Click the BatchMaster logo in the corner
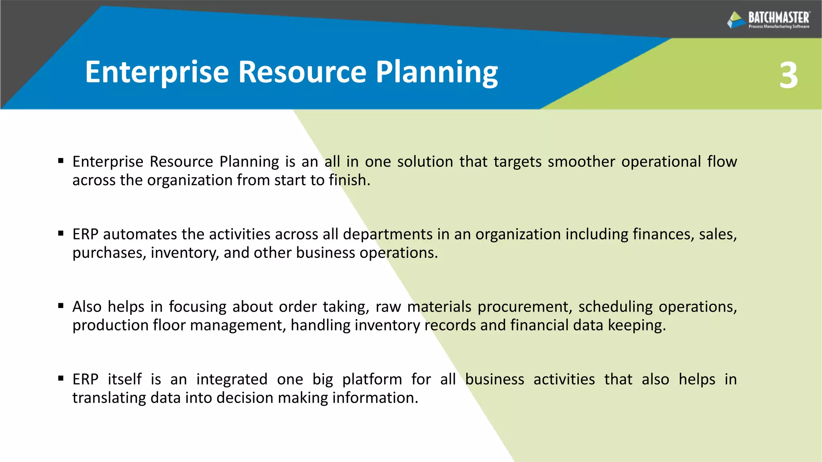point(768,20)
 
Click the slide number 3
point(788,76)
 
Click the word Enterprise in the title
point(157,72)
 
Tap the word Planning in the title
point(436,72)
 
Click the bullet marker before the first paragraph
point(61,161)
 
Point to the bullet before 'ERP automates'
point(61,233)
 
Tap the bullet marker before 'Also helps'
point(61,306)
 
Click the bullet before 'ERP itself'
point(61,378)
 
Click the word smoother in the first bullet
point(581,162)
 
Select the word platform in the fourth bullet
point(372,379)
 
